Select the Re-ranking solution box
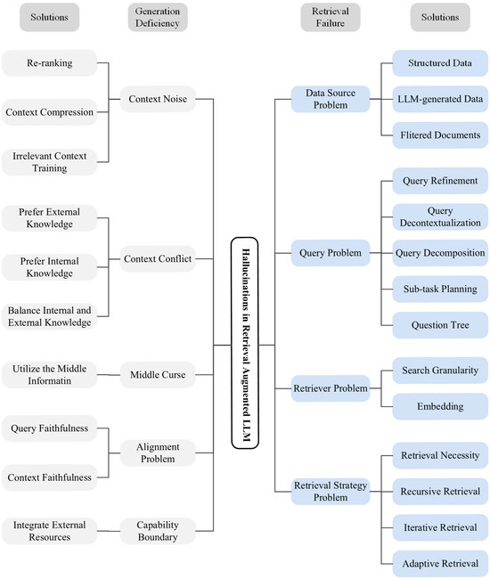49,63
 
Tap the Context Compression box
49,112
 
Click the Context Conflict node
157,259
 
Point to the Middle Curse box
157,374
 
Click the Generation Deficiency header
157,17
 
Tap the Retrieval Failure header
331,17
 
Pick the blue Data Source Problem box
331,98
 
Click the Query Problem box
331,253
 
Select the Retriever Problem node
331,388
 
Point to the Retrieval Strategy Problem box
331,492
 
